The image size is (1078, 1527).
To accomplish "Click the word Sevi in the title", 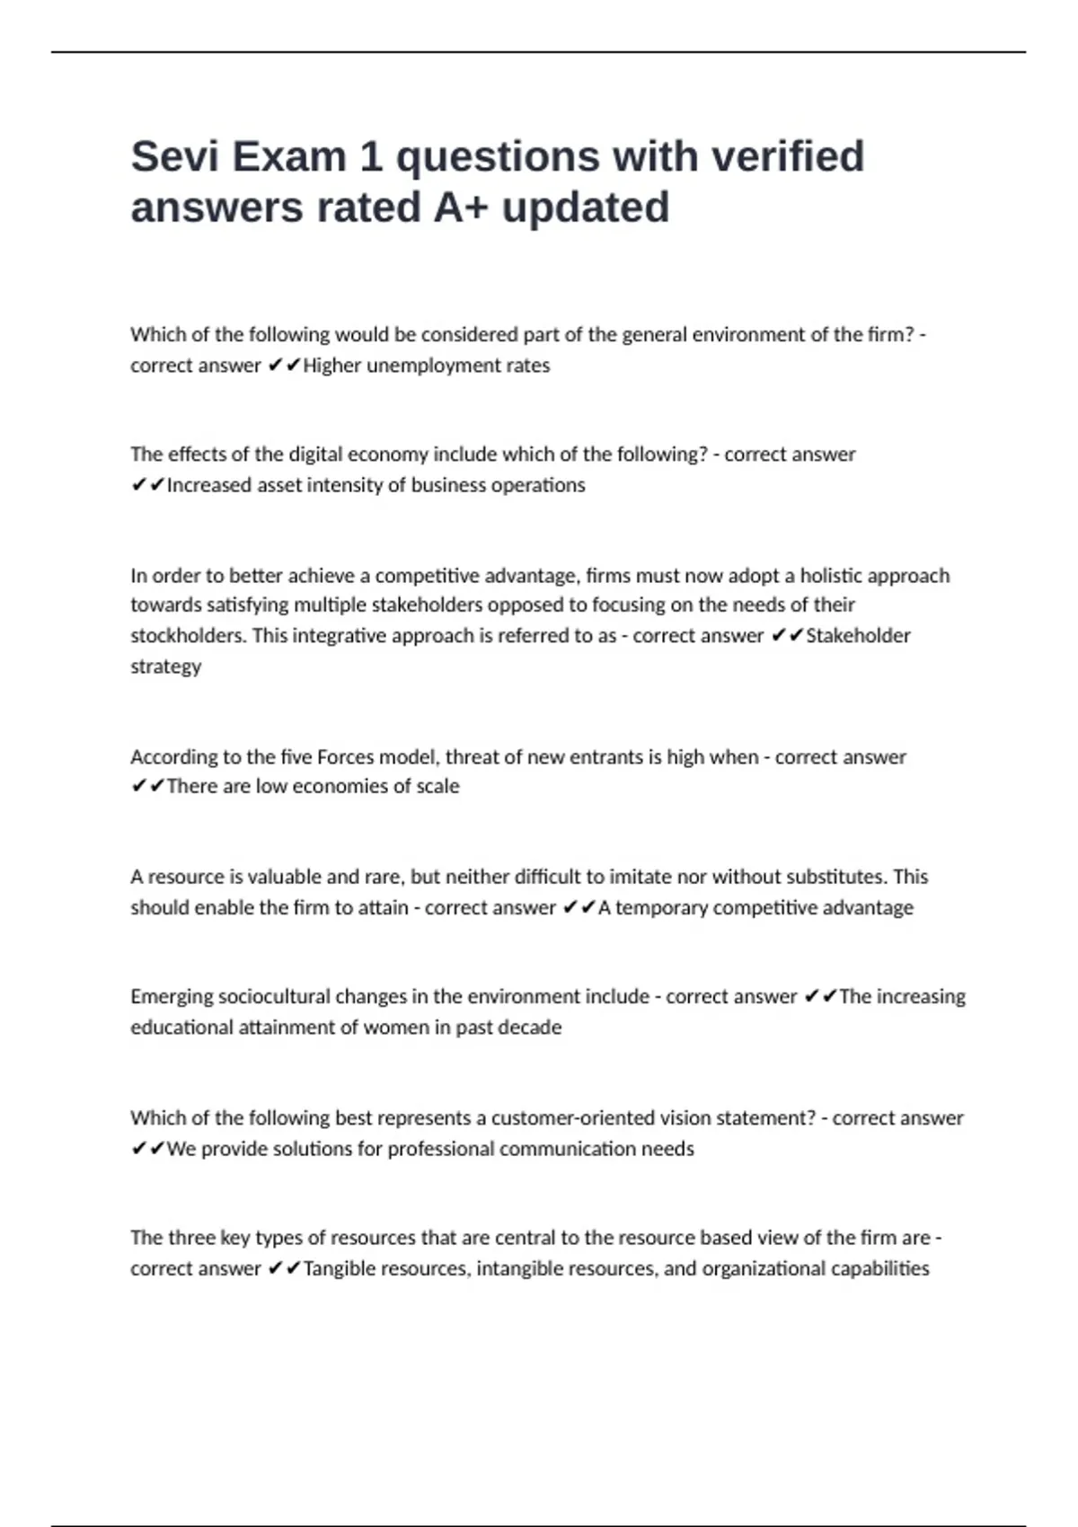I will pyautogui.click(x=174, y=157).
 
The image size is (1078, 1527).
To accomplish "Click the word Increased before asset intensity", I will pyautogui.click(x=209, y=485).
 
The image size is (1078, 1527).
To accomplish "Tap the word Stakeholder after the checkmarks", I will pyautogui.click(x=858, y=636).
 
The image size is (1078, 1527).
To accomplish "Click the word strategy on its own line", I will pyautogui.click(x=165, y=666).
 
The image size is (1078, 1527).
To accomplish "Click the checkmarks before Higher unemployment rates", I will pyautogui.click(x=284, y=366).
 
